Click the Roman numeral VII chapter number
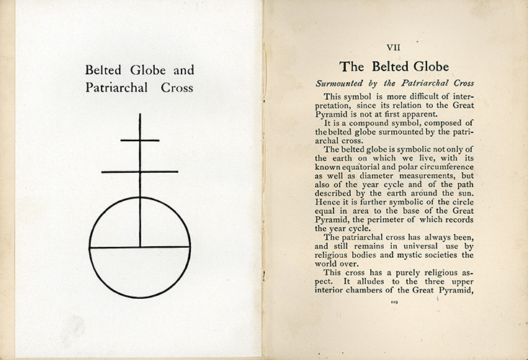395,48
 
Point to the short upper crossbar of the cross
140,140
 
